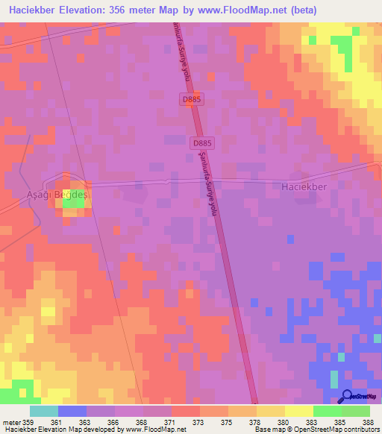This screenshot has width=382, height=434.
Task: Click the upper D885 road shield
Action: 191,98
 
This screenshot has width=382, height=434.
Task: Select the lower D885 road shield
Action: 202,142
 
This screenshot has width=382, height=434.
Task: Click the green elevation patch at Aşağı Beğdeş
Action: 73,199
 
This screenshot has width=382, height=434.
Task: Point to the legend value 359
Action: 30,422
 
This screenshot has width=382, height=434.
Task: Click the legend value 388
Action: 369,422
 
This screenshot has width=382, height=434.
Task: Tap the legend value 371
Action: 171,422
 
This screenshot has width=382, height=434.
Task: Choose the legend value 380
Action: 284,422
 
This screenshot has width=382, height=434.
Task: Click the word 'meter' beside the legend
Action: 11,422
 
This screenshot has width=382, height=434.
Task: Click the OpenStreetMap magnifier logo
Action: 348,395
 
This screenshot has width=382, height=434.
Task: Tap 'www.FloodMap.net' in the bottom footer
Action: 153,430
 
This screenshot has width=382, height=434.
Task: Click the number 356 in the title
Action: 123,10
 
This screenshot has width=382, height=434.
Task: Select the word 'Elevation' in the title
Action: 84,10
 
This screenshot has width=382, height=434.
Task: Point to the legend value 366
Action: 114,422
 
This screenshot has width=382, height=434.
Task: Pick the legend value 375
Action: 228,422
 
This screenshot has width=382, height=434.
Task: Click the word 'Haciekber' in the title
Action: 34,10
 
